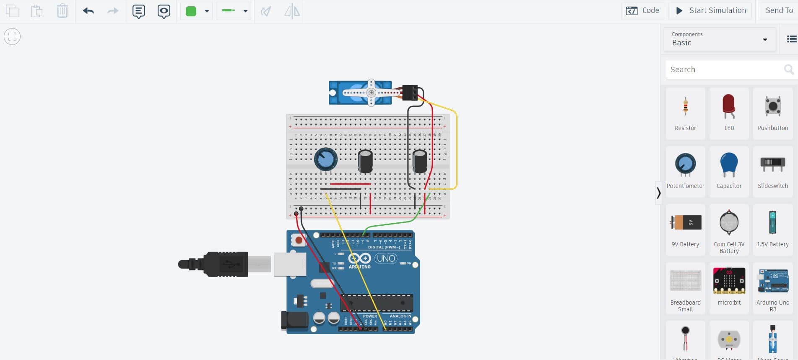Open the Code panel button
642,10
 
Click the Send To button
779,10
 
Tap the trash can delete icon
62,11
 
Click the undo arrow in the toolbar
88,11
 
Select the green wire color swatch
191,11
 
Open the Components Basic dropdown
720,39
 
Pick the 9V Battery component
685,229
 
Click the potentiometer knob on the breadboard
325,159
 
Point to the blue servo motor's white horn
371,93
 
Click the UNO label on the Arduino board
385,258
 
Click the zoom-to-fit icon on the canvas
12,37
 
